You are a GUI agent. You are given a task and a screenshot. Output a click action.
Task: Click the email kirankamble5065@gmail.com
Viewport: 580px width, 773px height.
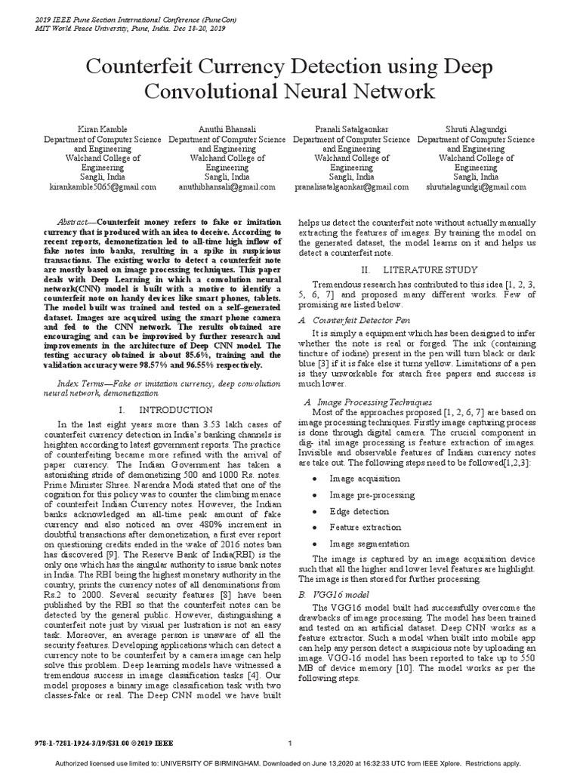coord(103,186)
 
